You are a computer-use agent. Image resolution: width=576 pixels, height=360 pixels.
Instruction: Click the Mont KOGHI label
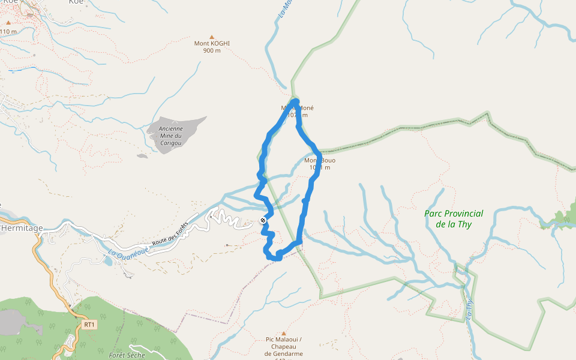212,43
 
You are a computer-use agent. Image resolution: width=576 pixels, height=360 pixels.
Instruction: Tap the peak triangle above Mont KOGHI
212,37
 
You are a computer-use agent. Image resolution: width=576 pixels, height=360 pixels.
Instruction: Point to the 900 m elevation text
212,50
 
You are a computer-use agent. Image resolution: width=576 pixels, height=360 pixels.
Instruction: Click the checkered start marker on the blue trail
263,221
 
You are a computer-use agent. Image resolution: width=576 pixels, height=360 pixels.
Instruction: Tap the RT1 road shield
89,325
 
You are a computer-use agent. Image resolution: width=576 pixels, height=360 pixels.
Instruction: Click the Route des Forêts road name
170,234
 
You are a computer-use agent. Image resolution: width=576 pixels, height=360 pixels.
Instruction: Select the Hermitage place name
22,228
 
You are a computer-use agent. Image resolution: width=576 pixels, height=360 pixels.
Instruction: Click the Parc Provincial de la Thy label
454,219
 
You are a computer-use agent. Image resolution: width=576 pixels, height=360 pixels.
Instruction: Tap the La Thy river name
469,309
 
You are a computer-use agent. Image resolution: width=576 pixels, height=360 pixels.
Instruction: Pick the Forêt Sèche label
127,355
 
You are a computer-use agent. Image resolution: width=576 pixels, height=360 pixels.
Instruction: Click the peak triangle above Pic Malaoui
284,334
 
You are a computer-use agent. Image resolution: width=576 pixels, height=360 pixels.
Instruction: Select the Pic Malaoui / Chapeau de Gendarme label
284,347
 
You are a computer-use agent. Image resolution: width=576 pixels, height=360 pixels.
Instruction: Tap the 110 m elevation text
8,31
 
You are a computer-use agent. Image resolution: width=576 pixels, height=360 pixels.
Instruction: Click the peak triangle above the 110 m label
8,23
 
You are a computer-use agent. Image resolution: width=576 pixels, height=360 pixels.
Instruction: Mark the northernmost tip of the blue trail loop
296,100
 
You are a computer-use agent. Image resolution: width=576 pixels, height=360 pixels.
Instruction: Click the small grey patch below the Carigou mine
142,156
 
